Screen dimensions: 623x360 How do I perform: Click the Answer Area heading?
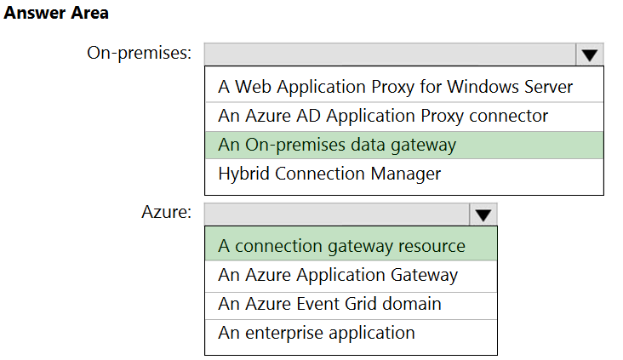tap(56, 13)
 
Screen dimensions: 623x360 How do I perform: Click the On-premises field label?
tap(139, 53)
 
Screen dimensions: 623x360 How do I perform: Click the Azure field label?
tap(167, 212)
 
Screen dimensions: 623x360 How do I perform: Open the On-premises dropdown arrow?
tap(590, 54)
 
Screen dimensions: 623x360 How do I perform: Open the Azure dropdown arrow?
tap(483, 215)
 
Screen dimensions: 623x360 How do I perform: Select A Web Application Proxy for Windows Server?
tap(396, 87)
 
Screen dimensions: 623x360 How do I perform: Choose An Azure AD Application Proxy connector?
tap(383, 116)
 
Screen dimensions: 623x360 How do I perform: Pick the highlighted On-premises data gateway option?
tap(337, 145)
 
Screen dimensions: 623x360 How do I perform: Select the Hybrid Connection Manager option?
tap(329, 174)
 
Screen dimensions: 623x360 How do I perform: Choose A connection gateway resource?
tap(341, 246)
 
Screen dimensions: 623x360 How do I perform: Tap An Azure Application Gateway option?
tap(338, 275)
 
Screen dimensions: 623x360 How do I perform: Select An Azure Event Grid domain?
tap(329, 304)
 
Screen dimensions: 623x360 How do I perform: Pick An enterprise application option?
tap(317, 333)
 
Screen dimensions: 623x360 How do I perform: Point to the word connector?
tap(509, 116)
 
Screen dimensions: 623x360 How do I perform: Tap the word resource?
tap(432, 246)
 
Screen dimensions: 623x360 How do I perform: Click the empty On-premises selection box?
tap(390, 54)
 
